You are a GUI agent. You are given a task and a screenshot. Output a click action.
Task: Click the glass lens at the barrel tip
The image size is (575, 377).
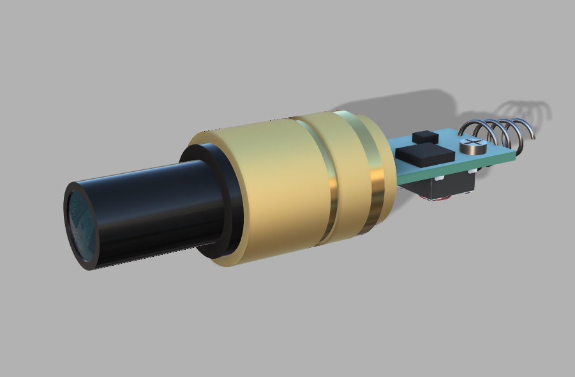point(82,224)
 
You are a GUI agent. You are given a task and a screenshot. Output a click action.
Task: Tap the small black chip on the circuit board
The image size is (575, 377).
point(424,136)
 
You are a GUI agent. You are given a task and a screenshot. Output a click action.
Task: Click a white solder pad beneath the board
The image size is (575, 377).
point(472,171)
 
